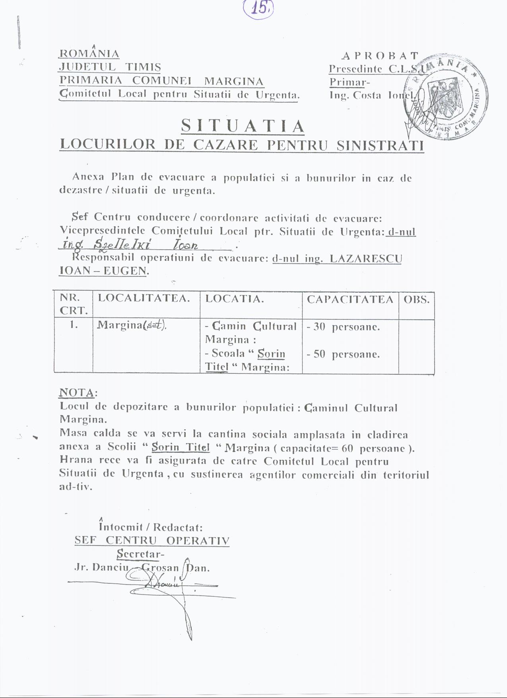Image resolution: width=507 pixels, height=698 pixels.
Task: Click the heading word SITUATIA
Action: [x=243, y=127]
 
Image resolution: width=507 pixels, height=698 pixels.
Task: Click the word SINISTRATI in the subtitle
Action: [x=380, y=145]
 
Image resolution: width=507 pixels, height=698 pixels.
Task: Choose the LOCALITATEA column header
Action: [x=144, y=298]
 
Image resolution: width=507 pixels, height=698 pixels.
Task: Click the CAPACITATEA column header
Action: [x=350, y=299]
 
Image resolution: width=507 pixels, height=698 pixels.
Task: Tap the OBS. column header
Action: [x=416, y=299]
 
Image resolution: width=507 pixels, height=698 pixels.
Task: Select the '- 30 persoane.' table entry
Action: [x=343, y=327]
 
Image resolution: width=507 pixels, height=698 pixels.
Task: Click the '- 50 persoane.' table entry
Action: [x=343, y=354]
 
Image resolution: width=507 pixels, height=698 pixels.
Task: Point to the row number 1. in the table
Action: [x=74, y=325]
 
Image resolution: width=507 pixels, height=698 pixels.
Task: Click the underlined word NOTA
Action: [x=77, y=393]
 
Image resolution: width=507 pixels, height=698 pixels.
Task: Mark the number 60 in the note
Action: [x=347, y=448]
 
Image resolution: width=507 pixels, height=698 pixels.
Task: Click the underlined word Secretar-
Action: [x=140, y=554]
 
